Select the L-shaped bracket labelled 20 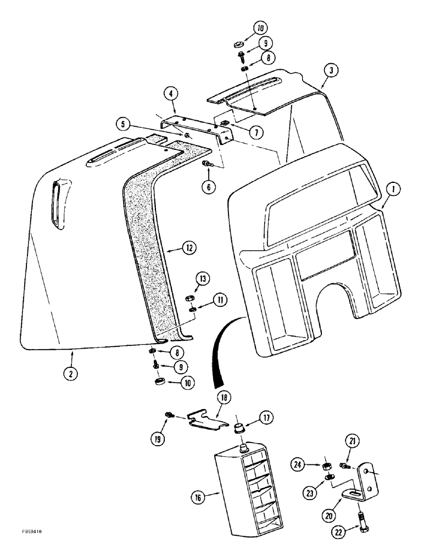(x=356, y=485)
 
